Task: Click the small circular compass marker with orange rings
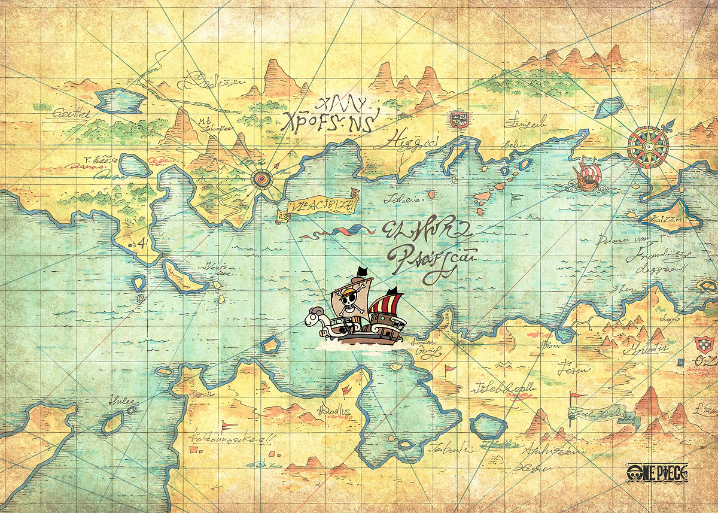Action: pyautogui.click(x=261, y=178)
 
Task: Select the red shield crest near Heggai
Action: pyautogui.click(x=459, y=120)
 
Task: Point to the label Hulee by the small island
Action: pyautogui.click(x=121, y=401)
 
